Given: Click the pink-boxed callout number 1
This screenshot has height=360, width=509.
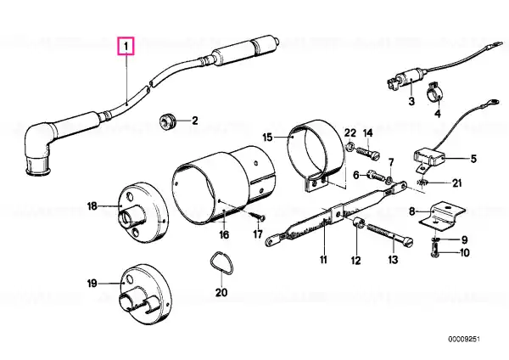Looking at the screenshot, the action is click(x=126, y=46).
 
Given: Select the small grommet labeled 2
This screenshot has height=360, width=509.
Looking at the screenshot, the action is click(x=168, y=121).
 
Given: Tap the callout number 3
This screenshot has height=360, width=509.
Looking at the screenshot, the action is click(x=411, y=101).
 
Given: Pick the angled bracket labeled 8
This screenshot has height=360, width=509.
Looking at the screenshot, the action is click(x=442, y=217).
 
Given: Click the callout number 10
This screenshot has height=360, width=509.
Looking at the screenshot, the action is click(x=465, y=252).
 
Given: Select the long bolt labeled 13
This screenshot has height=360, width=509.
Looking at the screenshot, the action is click(x=389, y=234).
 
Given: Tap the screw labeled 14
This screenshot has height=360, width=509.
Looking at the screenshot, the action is click(x=368, y=153).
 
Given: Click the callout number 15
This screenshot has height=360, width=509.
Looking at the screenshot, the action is click(x=267, y=137).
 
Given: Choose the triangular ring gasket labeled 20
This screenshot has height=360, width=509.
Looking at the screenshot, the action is click(x=221, y=263).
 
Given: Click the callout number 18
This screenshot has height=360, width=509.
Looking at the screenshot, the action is click(x=92, y=206).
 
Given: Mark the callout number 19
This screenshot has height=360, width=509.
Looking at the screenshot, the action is click(x=92, y=284).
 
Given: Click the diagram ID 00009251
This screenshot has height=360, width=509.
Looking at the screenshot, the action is click(x=464, y=340).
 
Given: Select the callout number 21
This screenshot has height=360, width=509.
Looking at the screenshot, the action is click(x=456, y=183).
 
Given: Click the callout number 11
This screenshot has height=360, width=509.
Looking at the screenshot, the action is click(x=323, y=260).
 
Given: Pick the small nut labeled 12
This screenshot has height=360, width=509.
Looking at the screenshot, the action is click(x=357, y=223).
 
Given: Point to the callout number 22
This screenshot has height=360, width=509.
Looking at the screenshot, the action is click(x=350, y=133).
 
